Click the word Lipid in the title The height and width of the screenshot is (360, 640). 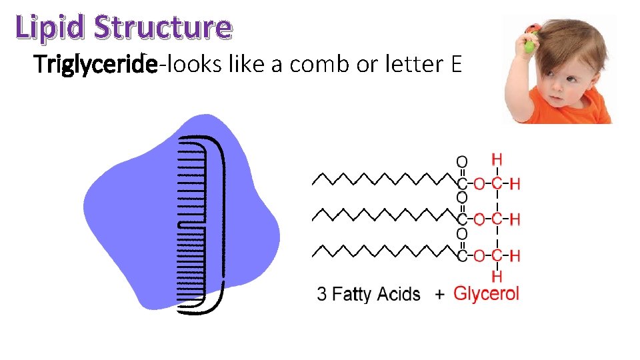51,27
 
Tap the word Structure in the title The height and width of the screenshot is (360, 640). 163,27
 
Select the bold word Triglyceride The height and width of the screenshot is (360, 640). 96,65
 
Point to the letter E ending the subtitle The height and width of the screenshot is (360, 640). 457,65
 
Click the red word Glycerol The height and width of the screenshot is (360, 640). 486,293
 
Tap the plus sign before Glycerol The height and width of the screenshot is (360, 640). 439,294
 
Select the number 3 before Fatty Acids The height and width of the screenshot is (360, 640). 322,294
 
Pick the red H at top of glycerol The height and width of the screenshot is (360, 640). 497,159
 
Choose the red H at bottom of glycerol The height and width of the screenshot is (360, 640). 497,276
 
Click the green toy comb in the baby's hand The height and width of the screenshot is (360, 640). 530,44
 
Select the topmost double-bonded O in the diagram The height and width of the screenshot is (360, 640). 461,161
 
